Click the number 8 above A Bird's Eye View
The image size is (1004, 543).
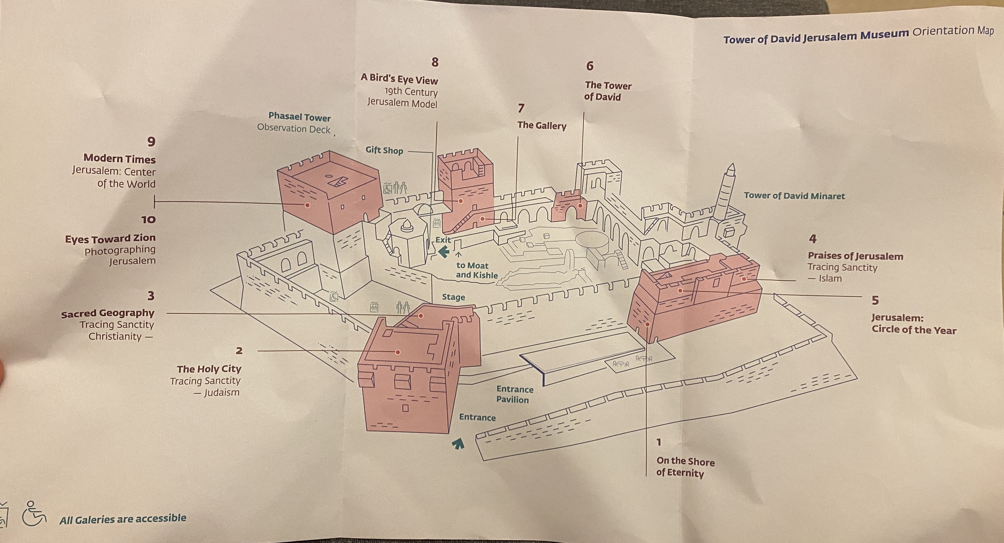coord(435,62)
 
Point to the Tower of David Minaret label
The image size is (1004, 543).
coord(794,196)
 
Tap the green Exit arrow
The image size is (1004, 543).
coord(443,252)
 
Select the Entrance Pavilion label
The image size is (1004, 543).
coord(514,394)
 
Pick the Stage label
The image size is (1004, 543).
coord(453,297)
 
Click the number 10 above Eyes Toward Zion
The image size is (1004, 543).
coord(148,220)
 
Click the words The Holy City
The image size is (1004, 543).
coord(209,369)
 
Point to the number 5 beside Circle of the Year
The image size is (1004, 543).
coord(875,300)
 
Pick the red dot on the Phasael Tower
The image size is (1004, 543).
coord(307,205)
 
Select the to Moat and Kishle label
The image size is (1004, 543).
coord(476,270)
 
